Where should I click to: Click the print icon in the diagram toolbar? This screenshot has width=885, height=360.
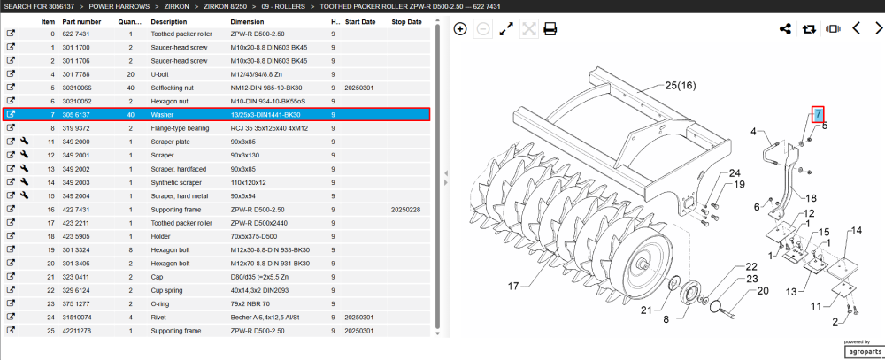[550, 29]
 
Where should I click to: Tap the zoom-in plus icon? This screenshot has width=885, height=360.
[460, 29]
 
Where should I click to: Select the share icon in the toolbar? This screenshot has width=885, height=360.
[785, 29]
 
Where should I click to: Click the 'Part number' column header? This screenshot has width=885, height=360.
[81, 22]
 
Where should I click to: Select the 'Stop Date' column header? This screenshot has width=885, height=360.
[406, 22]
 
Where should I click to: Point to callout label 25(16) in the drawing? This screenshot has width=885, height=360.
[681, 86]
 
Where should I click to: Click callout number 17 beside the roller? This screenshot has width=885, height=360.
[512, 286]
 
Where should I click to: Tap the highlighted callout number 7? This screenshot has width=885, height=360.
[818, 115]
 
